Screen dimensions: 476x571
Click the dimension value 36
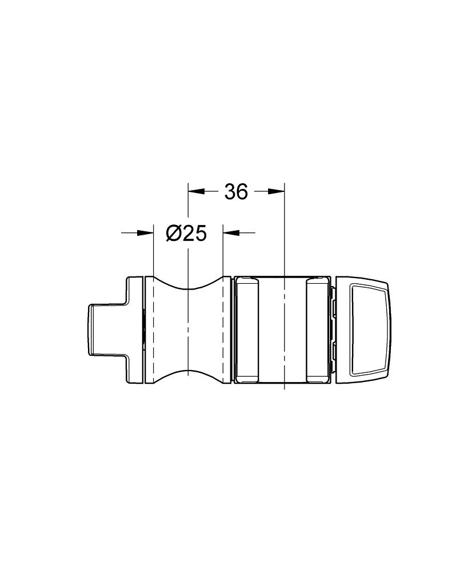pos(236,191)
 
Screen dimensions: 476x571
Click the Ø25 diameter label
pos(186,233)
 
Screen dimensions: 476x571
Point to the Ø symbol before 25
pos(173,233)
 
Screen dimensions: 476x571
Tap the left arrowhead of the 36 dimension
pos(196,191)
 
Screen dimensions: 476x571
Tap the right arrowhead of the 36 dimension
pos(276,191)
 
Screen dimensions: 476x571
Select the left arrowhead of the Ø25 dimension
pos(145,233)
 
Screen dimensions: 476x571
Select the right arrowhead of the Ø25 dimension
pos(230,233)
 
